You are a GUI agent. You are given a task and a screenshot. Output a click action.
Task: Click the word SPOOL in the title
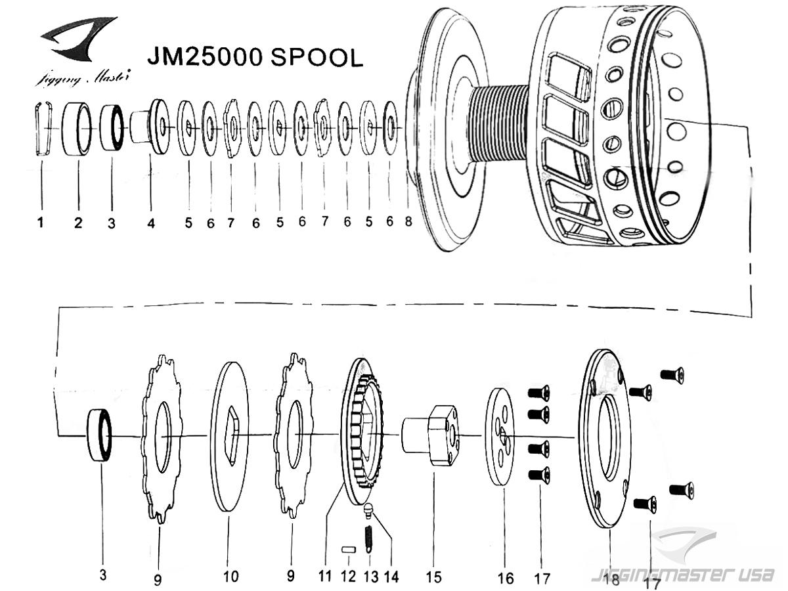point(317,57)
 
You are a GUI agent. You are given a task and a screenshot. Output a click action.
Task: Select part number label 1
point(41,223)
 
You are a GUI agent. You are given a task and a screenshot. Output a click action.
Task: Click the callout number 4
point(151,223)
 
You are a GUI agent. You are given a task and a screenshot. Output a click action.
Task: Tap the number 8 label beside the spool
point(408,221)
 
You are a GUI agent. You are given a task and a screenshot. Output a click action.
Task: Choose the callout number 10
point(231,577)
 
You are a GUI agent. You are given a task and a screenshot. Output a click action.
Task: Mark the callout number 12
point(348,576)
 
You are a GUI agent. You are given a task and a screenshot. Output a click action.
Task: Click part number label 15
point(433,577)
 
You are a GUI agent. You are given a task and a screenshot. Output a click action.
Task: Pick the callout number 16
point(506,578)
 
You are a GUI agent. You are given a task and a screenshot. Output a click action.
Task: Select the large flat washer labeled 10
point(229,436)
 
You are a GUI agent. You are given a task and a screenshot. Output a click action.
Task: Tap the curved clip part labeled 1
point(44,129)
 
